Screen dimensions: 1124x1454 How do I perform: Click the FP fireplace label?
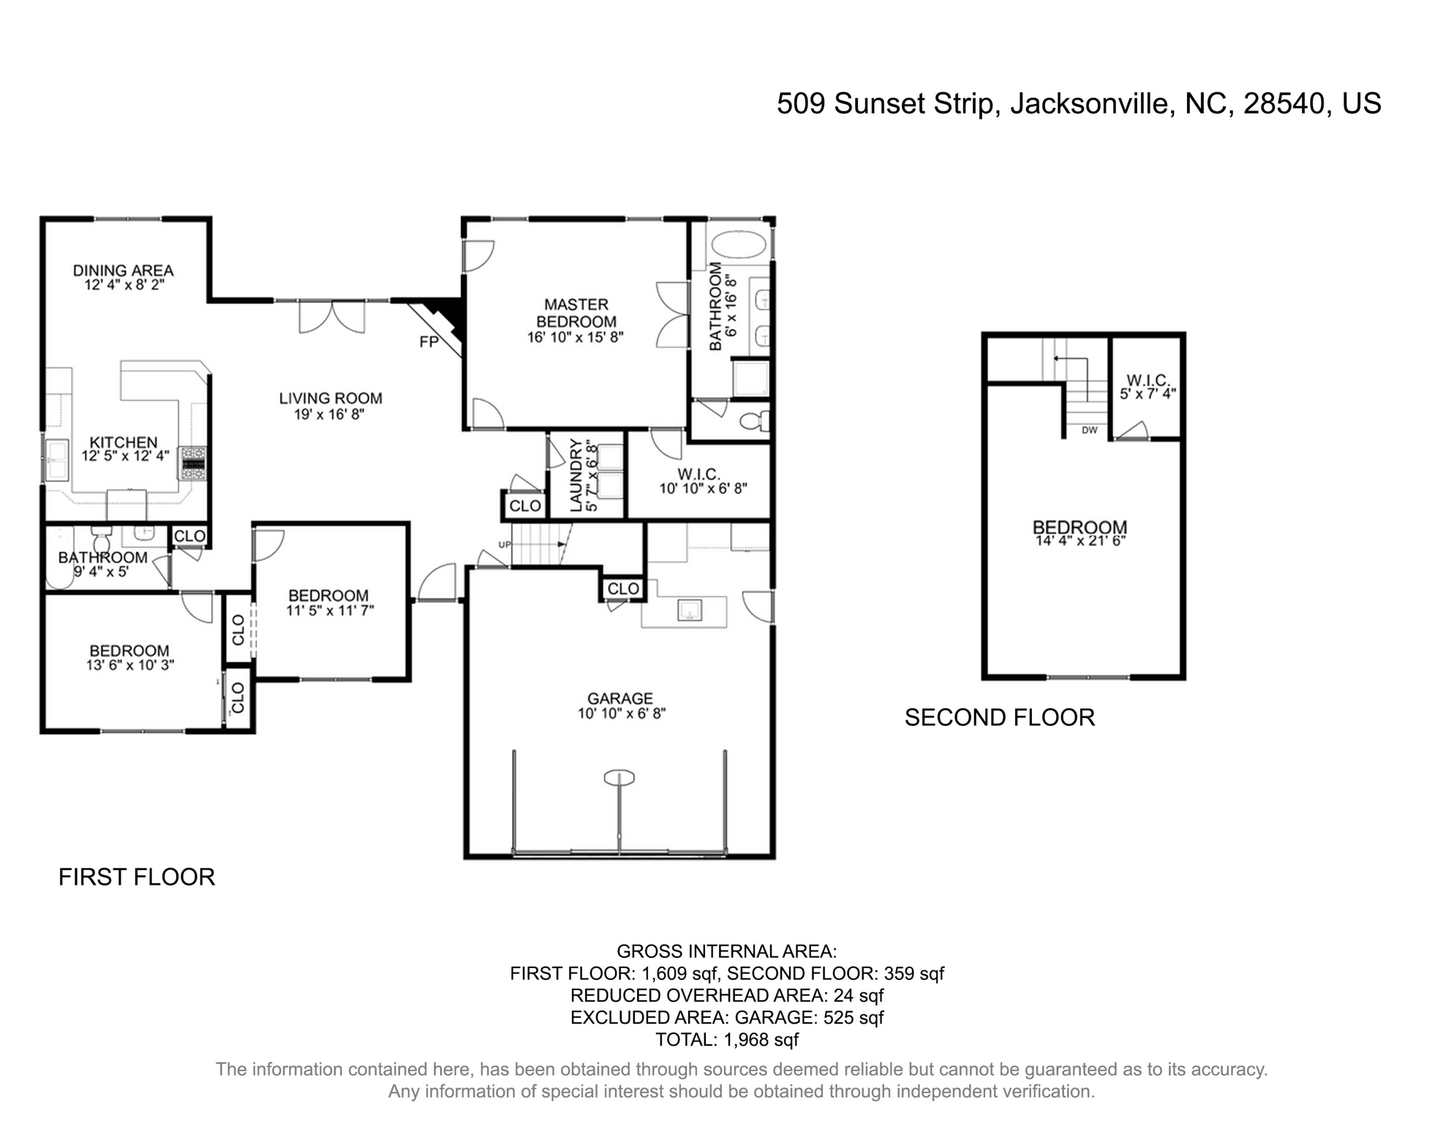click(429, 342)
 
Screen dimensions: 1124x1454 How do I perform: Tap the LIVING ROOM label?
click(331, 399)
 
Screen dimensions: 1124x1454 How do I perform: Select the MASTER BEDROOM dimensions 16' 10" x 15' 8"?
click(576, 338)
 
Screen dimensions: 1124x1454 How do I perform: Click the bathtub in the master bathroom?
click(739, 244)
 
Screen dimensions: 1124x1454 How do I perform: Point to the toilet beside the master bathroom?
click(753, 421)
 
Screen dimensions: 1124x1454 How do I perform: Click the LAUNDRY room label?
click(576, 476)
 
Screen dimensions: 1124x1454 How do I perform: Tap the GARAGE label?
click(619, 699)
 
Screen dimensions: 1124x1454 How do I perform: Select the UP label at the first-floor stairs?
click(505, 545)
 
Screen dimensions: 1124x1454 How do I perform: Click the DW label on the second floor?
click(1090, 430)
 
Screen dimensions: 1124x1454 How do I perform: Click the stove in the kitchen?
click(195, 463)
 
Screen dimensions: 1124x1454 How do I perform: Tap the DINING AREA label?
click(123, 271)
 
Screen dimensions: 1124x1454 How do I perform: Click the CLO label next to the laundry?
click(524, 506)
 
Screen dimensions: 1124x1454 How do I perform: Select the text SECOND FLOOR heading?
click(999, 718)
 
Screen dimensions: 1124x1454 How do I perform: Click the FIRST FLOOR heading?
click(137, 877)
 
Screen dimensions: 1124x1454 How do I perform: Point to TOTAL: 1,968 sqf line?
click(726, 1040)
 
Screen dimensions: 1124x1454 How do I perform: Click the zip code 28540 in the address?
click(1284, 104)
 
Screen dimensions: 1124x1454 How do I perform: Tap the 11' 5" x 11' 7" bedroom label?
click(329, 610)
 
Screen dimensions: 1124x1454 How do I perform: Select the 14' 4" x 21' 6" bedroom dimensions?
click(1080, 542)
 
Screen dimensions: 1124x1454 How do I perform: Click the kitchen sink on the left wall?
click(57, 460)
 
